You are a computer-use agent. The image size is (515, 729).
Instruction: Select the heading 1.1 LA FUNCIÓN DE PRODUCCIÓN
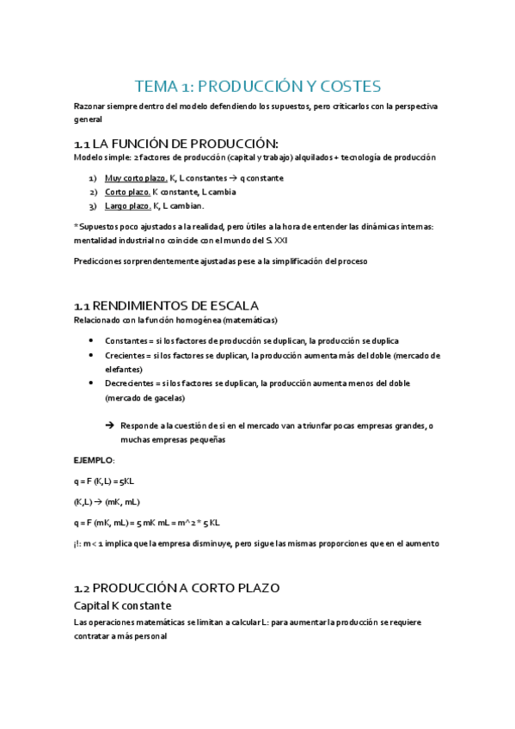point(176,143)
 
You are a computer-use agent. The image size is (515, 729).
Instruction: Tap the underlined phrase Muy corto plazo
point(136,178)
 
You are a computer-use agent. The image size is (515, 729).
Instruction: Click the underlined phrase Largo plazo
point(127,206)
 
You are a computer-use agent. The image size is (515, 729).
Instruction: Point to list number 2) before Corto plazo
point(93,193)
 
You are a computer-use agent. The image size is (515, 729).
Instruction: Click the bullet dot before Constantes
point(92,340)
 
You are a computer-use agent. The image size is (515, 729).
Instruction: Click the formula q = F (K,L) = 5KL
point(110,481)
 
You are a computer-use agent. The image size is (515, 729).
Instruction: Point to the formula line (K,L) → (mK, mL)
point(107,502)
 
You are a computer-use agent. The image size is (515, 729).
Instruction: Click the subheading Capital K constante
point(123,606)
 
